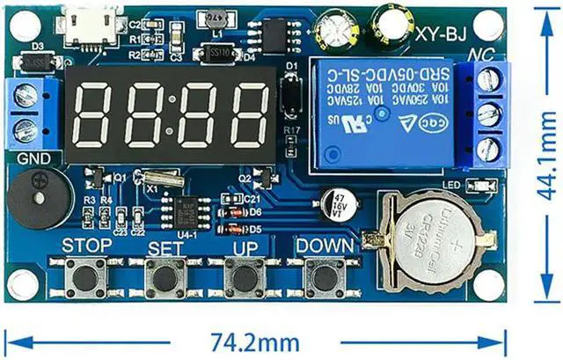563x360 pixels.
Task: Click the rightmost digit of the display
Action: (250, 117)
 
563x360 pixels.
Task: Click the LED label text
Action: (453, 184)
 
